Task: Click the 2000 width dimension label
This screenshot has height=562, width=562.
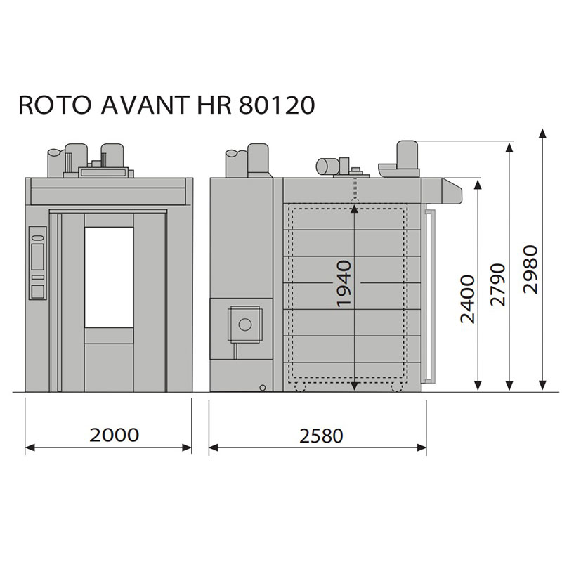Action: pyautogui.click(x=114, y=435)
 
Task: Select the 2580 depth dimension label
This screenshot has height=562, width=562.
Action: pyautogui.click(x=321, y=436)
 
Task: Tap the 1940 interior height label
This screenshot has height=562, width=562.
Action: pyautogui.click(x=344, y=284)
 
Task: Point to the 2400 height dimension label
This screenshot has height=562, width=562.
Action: pyautogui.click(x=467, y=299)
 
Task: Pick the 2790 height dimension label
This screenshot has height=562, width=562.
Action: pyautogui.click(x=497, y=285)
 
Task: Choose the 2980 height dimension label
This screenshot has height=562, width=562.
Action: pyautogui.click(x=530, y=269)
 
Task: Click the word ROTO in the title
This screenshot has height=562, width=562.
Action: pyautogui.click(x=55, y=105)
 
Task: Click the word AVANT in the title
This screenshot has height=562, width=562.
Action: pyautogui.click(x=145, y=105)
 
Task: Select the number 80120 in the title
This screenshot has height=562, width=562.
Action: pyautogui.click(x=277, y=105)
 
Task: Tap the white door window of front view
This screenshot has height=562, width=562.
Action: pyautogui.click(x=109, y=277)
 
